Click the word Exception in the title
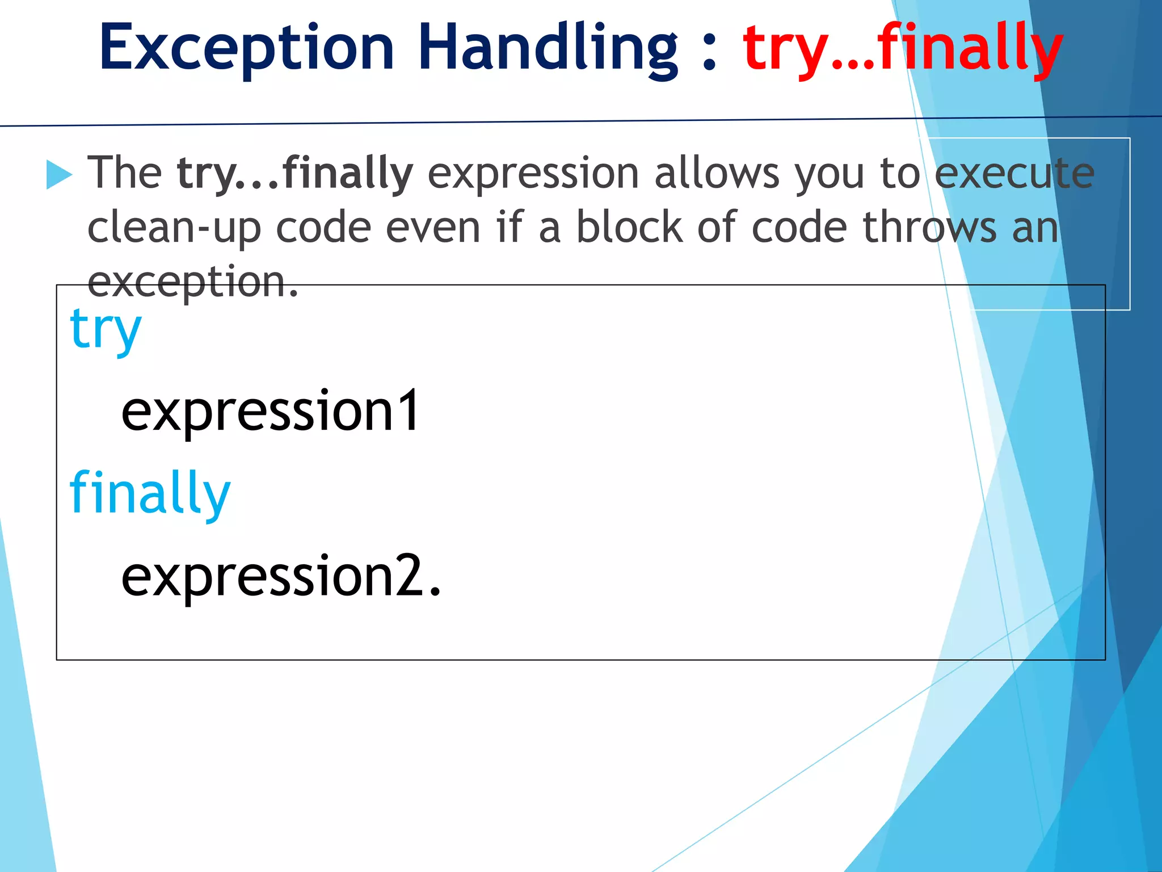[x=247, y=48]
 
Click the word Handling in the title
[x=548, y=48]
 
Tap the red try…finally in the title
[x=902, y=49]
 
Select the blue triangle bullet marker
[x=58, y=174]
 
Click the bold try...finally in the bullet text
[x=295, y=173]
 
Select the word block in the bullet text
[x=629, y=227]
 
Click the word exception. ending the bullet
[x=193, y=281]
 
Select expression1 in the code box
[x=270, y=411]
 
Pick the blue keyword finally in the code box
[x=150, y=493]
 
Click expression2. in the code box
[x=281, y=576]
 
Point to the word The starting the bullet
[x=125, y=173]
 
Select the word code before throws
[x=799, y=227]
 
